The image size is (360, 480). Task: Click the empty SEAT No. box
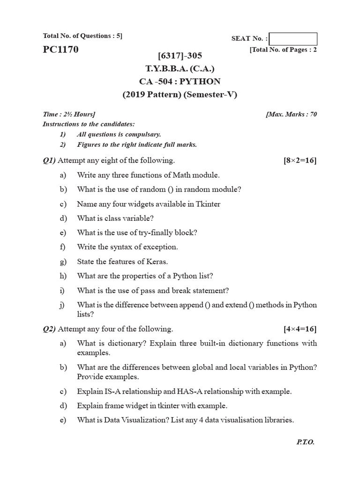(x=293, y=39)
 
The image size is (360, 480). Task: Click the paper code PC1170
(x=61, y=49)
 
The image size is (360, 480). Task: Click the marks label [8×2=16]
(x=300, y=161)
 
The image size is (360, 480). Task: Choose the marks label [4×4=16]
(x=300, y=329)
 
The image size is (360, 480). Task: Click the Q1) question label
(x=49, y=161)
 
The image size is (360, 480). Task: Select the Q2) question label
(x=49, y=329)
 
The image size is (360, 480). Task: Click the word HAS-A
(x=188, y=391)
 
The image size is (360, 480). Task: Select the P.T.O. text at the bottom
(x=305, y=442)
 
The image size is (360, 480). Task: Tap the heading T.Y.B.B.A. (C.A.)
(x=180, y=69)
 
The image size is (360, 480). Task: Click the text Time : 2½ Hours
(x=69, y=114)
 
